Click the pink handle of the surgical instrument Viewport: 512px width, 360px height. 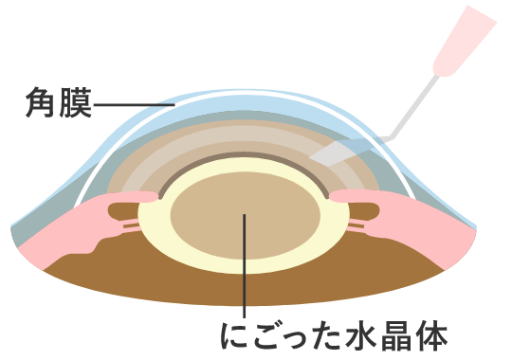coord(463,43)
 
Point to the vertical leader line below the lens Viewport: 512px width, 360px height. coord(245,284)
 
